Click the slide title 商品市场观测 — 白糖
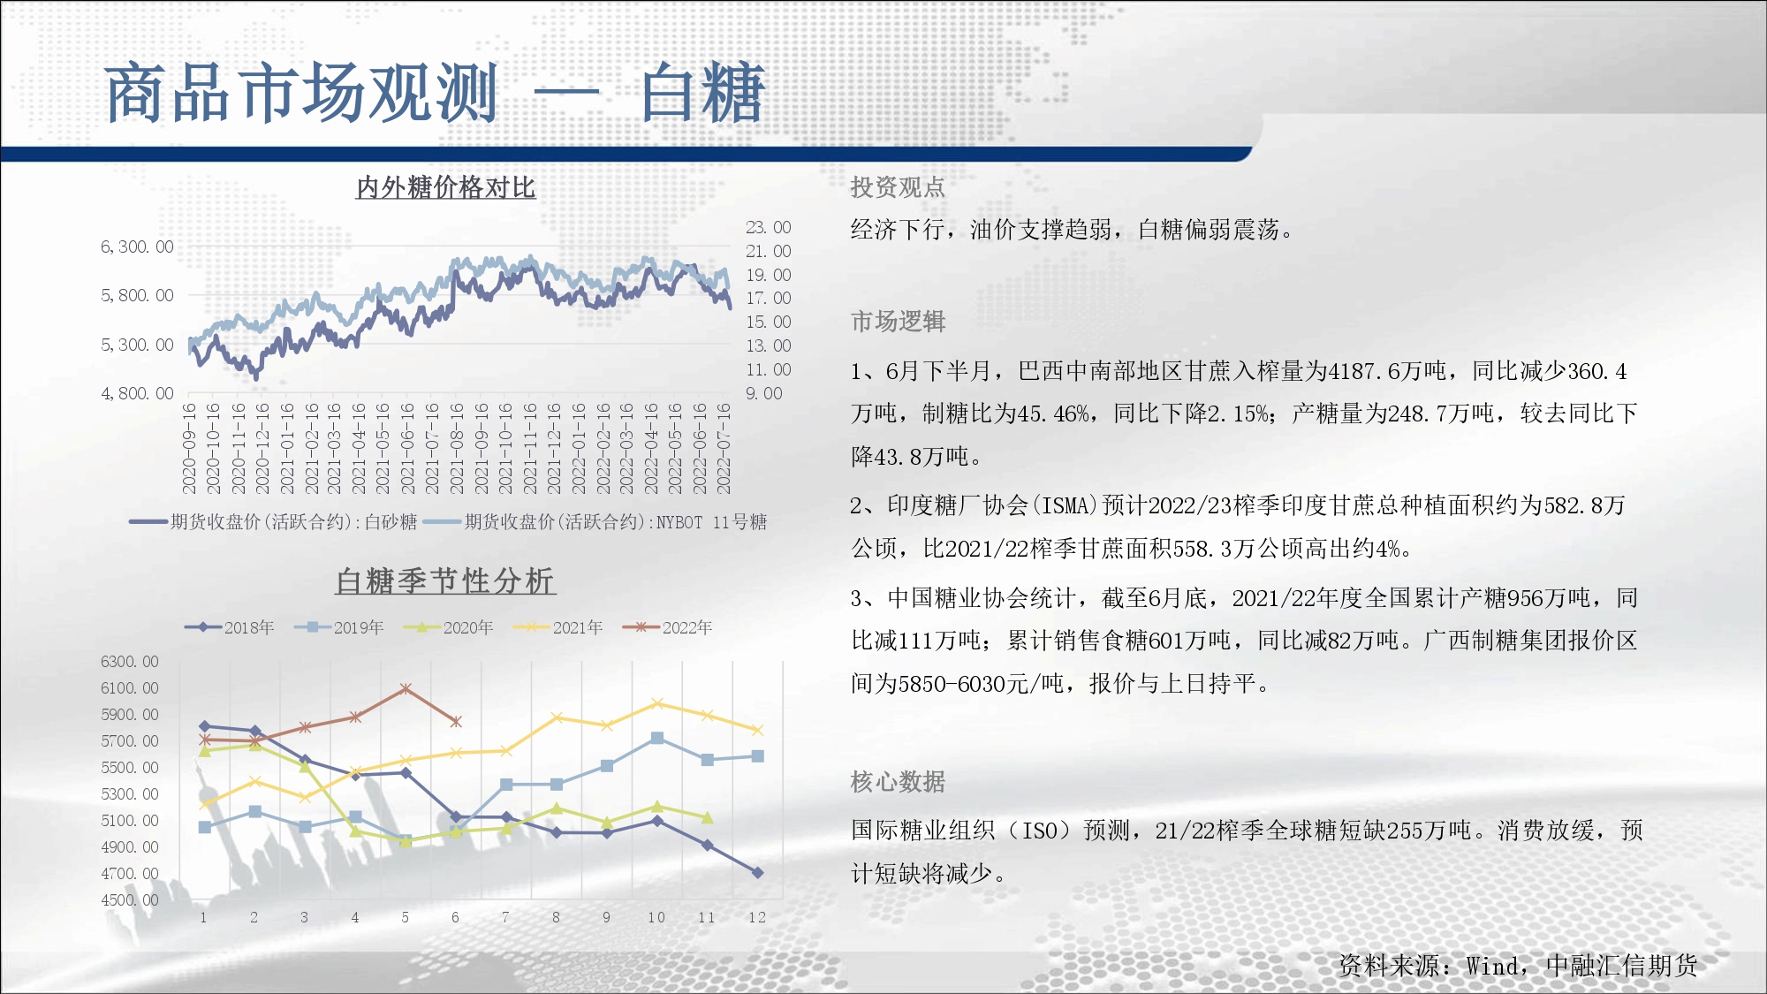pyautogui.click(x=435, y=93)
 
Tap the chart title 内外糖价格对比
pyautogui.click(x=446, y=187)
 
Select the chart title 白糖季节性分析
pyautogui.click(x=445, y=581)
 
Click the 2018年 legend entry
pyautogui.click(x=230, y=627)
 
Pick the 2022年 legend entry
pyautogui.click(x=668, y=627)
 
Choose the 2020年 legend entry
pyautogui.click(x=449, y=627)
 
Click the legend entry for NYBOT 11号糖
pyautogui.click(x=595, y=522)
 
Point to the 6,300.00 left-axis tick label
pyautogui.click(x=137, y=247)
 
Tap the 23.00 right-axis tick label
pyautogui.click(x=769, y=227)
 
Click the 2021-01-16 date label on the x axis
pyautogui.click(x=287, y=448)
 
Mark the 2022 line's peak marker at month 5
pyautogui.click(x=406, y=689)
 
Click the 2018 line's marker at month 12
pyautogui.click(x=757, y=872)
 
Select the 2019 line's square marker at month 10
pyautogui.click(x=657, y=738)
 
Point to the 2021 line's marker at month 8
pyautogui.click(x=557, y=717)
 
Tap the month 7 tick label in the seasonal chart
pyautogui.click(x=505, y=917)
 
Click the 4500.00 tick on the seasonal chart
pyautogui.click(x=130, y=900)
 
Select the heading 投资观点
pyautogui.click(x=898, y=187)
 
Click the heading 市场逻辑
pyautogui.click(x=898, y=322)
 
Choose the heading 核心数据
pyautogui.click(x=898, y=782)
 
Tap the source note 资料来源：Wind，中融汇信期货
pyautogui.click(x=1518, y=966)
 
